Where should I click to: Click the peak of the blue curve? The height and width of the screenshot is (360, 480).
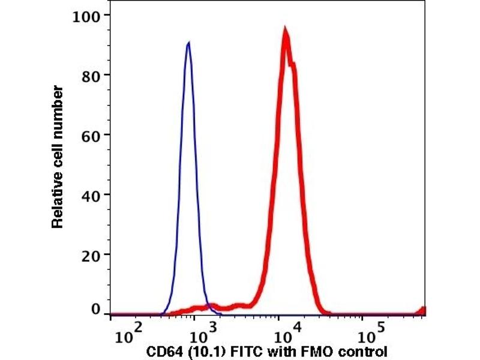[188, 43]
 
